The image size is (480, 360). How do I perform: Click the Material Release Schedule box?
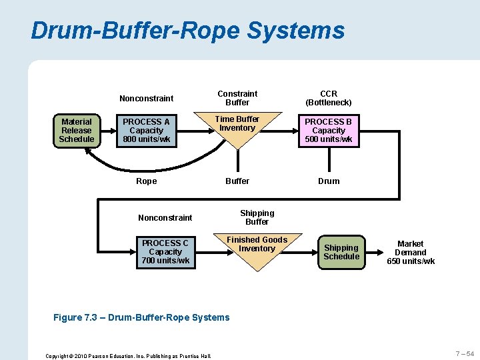[77, 131]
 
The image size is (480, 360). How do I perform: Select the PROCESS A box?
[146, 131]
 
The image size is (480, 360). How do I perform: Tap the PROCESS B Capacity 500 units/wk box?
[329, 131]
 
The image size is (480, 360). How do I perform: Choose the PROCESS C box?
[165, 252]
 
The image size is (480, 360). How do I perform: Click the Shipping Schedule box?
[341, 253]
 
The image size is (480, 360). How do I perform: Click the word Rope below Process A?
[146, 181]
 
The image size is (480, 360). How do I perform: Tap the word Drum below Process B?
[329, 181]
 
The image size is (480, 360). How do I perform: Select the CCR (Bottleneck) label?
[329, 98]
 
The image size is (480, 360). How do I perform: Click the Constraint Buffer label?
[237, 98]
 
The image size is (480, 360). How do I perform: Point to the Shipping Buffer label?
[257, 217]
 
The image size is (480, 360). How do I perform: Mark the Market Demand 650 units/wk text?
[411, 253]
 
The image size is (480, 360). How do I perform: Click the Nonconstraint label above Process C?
[165, 218]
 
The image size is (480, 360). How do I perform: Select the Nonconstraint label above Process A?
[146, 99]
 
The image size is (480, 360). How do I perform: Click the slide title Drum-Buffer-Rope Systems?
[187, 31]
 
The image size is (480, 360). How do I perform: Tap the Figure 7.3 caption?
[141, 317]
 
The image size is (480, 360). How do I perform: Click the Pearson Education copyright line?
[128, 356]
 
